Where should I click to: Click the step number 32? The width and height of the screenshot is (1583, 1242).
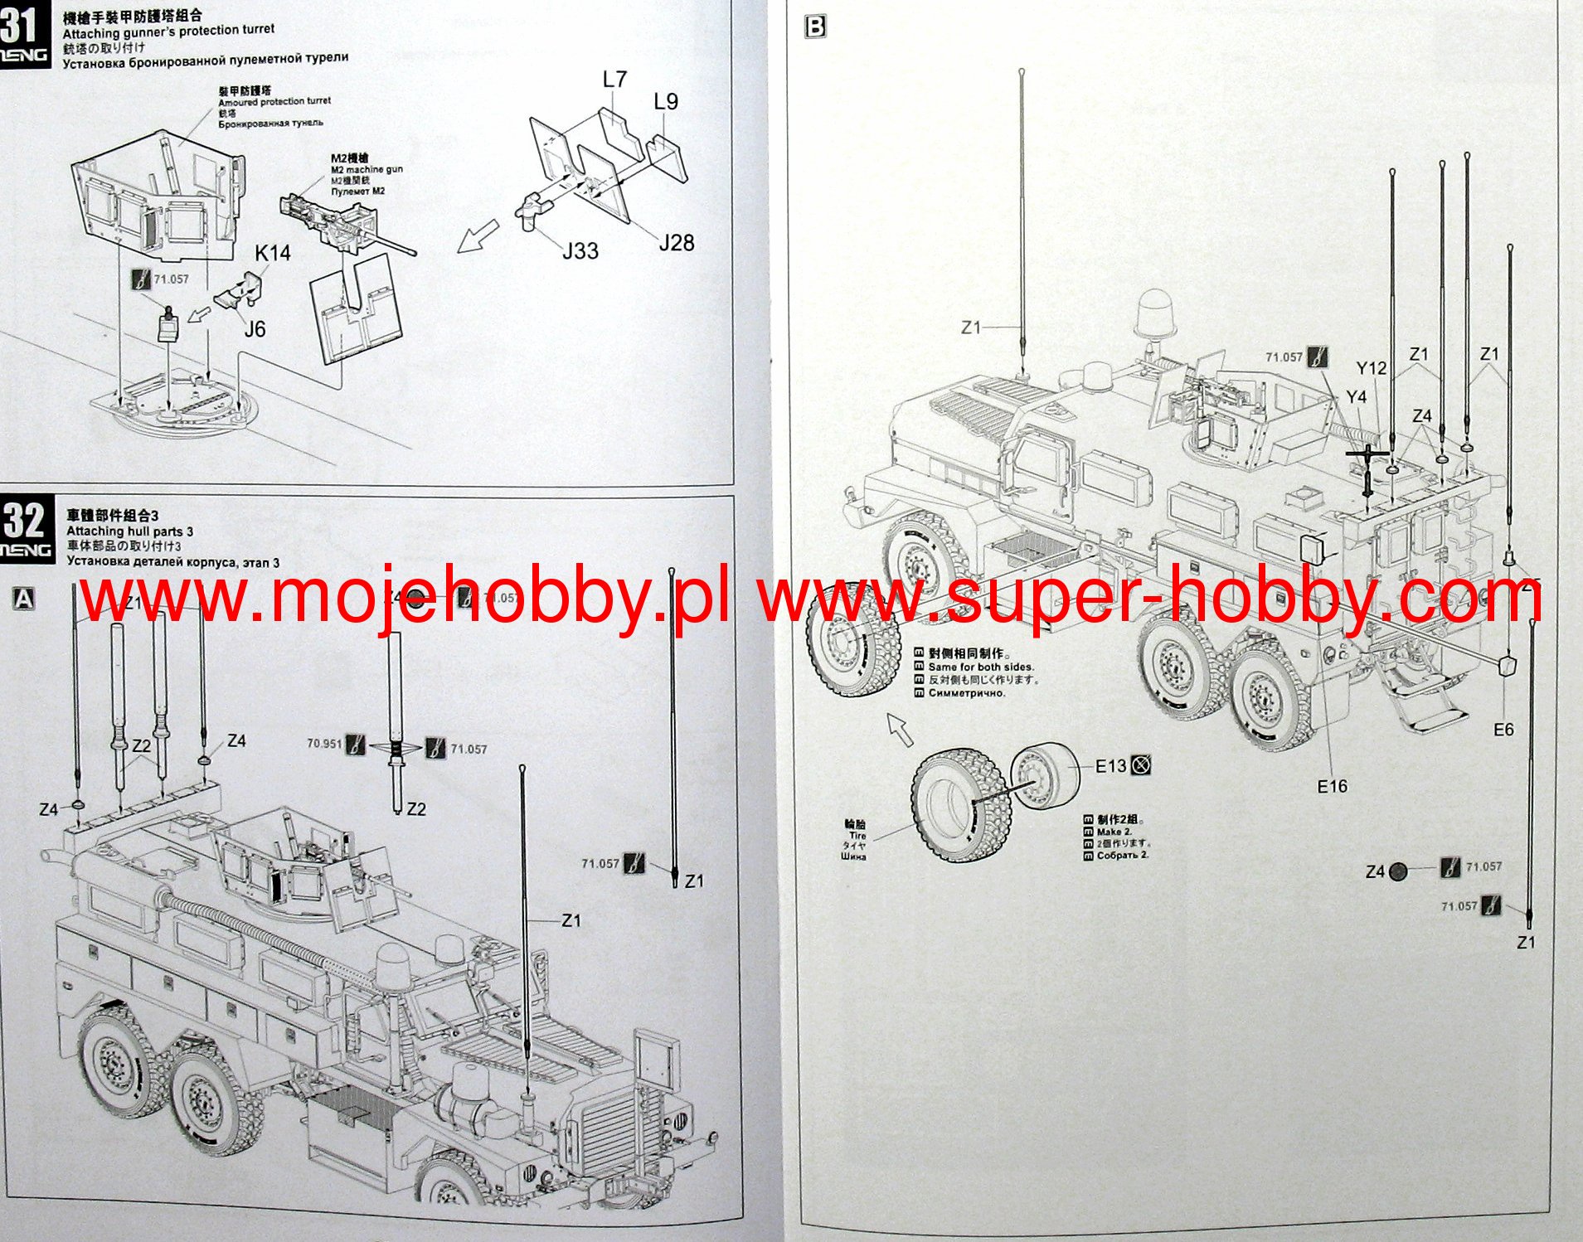point(23,521)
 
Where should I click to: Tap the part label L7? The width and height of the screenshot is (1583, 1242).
point(614,80)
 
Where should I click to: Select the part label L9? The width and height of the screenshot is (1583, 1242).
point(666,102)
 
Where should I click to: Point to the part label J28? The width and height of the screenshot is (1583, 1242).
point(676,243)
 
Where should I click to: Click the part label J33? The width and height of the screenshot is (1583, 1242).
point(580,250)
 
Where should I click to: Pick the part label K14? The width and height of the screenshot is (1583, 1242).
point(272,253)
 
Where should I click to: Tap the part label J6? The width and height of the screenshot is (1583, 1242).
point(255,329)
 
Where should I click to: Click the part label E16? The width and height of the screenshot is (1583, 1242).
point(1332,786)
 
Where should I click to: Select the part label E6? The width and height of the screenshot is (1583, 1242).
point(1503,730)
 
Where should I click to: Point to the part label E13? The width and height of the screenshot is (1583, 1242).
point(1110,766)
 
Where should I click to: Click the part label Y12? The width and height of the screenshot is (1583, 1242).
point(1372,368)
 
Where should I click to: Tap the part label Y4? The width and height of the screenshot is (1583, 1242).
point(1356,397)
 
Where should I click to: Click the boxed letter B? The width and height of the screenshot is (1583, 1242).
point(815,27)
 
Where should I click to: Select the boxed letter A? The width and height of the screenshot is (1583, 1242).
point(25,599)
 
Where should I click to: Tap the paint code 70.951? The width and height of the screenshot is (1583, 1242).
point(324,744)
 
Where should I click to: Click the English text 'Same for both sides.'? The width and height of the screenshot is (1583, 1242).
point(981,667)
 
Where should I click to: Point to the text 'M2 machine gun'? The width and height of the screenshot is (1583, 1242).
point(367,169)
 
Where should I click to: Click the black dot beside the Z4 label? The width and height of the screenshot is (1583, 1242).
point(1398,871)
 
